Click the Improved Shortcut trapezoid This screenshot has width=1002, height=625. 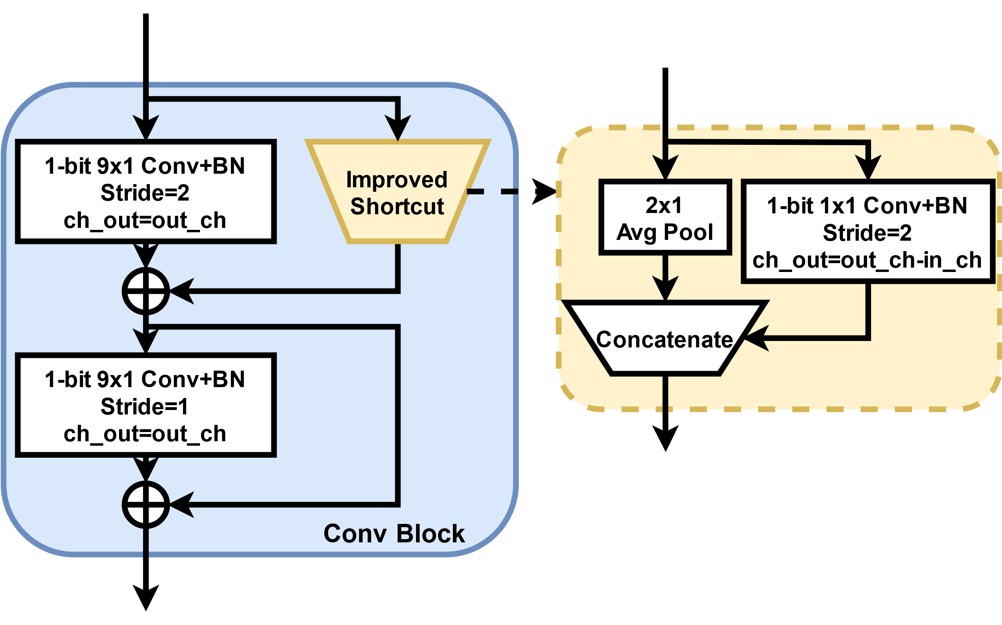click(x=397, y=192)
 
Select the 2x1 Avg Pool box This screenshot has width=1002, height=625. click(x=665, y=217)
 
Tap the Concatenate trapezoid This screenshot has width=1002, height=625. click(x=665, y=338)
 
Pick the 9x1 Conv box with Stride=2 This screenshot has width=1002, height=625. click(x=146, y=191)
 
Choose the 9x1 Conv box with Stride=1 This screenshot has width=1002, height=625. click(x=146, y=405)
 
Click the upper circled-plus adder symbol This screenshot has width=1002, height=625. click(x=146, y=291)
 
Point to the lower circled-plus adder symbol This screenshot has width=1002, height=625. click(x=146, y=505)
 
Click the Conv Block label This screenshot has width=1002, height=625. click(x=394, y=534)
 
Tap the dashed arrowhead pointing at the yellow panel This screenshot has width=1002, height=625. click(x=544, y=191)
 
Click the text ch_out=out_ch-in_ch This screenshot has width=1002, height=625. click(x=867, y=260)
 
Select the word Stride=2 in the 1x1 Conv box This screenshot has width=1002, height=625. click(x=867, y=233)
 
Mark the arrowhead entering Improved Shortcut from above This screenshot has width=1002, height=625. click(x=398, y=128)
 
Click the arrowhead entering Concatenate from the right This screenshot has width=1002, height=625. click(x=756, y=338)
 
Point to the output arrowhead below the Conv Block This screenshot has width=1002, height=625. click(x=146, y=598)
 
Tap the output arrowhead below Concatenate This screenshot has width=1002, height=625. click(x=665, y=439)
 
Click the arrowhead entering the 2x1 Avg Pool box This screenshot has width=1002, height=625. click(x=665, y=167)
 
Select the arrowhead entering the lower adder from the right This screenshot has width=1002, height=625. click(x=182, y=505)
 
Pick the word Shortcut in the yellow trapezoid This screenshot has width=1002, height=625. click(x=397, y=207)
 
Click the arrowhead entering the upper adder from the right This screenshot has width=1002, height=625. click(x=182, y=291)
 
